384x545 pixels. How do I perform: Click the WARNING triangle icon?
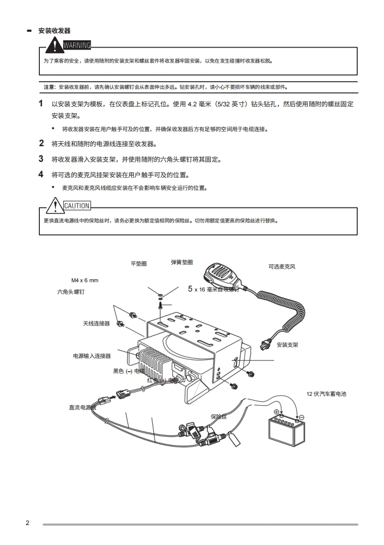[x=56, y=46]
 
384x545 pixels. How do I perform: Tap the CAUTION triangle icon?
[x=56, y=206]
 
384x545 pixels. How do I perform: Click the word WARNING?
[x=77, y=46]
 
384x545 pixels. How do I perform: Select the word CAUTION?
[x=77, y=206]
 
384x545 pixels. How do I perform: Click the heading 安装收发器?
[x=54, y=31]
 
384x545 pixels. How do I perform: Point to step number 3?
[x=41, y=159]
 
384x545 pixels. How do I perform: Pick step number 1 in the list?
[x=41, y=103]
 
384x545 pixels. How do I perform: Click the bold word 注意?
[x=49, y=87]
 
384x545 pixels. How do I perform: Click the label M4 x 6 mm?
[x=85, y=280]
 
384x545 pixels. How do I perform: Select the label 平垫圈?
[x=138, y=264]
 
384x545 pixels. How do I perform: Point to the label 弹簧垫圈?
[x=182, y=262]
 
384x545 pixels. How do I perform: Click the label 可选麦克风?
[x=282, y=267]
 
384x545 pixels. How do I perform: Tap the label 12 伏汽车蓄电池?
[x=326, y=394]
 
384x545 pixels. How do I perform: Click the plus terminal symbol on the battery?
[x=277, y=412]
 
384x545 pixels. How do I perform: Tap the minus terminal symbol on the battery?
[x=301, y=417]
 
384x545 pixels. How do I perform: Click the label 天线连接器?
[x=96, y=323]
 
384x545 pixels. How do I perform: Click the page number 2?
[x=28, y=523]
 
